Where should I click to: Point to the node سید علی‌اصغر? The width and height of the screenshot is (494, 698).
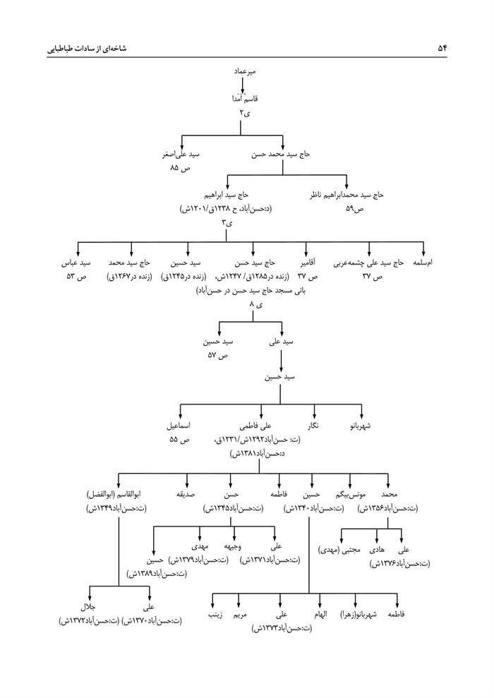point(181,154)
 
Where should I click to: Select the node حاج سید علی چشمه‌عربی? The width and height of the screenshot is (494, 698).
point(371,263)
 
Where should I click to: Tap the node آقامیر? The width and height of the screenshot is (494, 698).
point(306,263)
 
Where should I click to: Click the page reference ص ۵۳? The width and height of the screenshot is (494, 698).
point(76,276)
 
